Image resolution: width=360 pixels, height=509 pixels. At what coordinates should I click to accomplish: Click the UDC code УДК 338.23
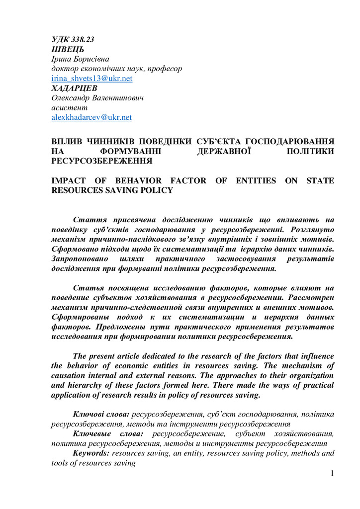click(73, 40)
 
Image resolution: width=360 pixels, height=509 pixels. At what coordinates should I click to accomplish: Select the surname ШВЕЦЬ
click(68, 50)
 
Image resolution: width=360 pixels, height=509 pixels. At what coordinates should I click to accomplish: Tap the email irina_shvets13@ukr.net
click(91, 79)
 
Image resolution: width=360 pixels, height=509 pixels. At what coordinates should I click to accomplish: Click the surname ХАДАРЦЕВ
click(75, 88)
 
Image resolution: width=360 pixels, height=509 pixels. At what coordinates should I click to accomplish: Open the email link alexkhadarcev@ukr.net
click(91, 118)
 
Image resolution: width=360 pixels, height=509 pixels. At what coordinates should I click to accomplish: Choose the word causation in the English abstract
click(71, 376)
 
